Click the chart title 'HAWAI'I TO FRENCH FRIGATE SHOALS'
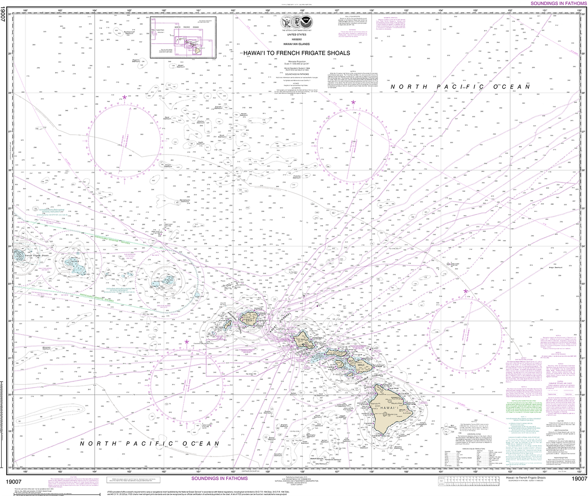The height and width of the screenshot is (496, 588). tap(296, 53)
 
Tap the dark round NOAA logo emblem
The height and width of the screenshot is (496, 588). tap(306, 20)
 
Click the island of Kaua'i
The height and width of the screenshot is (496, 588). tap(249, 319)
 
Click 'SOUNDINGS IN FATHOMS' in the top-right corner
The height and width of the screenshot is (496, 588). tap(559, 3)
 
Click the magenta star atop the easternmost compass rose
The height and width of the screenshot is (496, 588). tap(465, 291)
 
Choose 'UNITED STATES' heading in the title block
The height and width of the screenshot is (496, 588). tap(296, 35)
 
